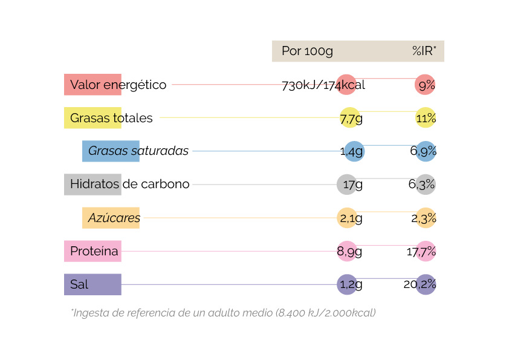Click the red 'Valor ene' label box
pyautogui.click(x=92, y=85)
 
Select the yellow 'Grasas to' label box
pyautogui.click(x=92, y=118)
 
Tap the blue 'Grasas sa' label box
pyautogui.click(x=111, y=151)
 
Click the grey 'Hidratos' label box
pyautogui.click(x=92, y=185)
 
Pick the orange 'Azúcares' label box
pyautogui.click(x=111, y=218)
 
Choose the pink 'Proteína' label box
pyautogui.click(x=92, y=251)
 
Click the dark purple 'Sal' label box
pyautogui.click(x=92, y=284)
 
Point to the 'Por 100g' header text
pyautogui.click(x=307, y=51)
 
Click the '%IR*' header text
pyautogui.click(x=424, y=51)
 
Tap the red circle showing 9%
pyautogui.click(x=425, y=85)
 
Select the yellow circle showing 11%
pyautogui.click(x=426, y=118)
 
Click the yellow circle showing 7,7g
pyautogui.click(x=349, y=118)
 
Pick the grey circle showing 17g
pyautogui.click(x=347, y=185)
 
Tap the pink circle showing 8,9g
pyautogui.click(x=347, y=251)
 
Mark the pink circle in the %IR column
pyautogui.click(x=426, y=251)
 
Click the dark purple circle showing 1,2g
pyautogui.click(x=347, y=284)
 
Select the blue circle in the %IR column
pyautogui.click(x=426, y=151)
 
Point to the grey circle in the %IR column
pyautogui.click(x=426, y=185)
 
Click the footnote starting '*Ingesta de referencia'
pyautogui.click(x=223, y=313)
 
